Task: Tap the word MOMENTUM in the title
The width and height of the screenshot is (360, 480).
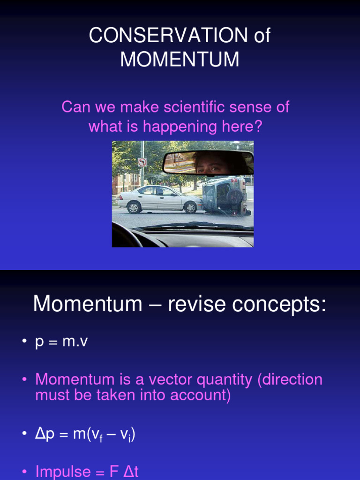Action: [180, 60]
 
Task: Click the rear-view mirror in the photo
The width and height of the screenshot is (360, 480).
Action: [208, 162]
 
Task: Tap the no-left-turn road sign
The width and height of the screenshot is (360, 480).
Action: [142, 162]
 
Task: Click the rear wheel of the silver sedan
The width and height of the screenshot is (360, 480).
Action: [135, 207]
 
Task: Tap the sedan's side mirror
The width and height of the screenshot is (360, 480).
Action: [172, 193]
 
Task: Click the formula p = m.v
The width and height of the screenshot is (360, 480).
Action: [61, 342]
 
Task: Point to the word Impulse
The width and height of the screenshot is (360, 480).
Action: [63, 471]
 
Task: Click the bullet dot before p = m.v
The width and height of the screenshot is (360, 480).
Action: [24, 342]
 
